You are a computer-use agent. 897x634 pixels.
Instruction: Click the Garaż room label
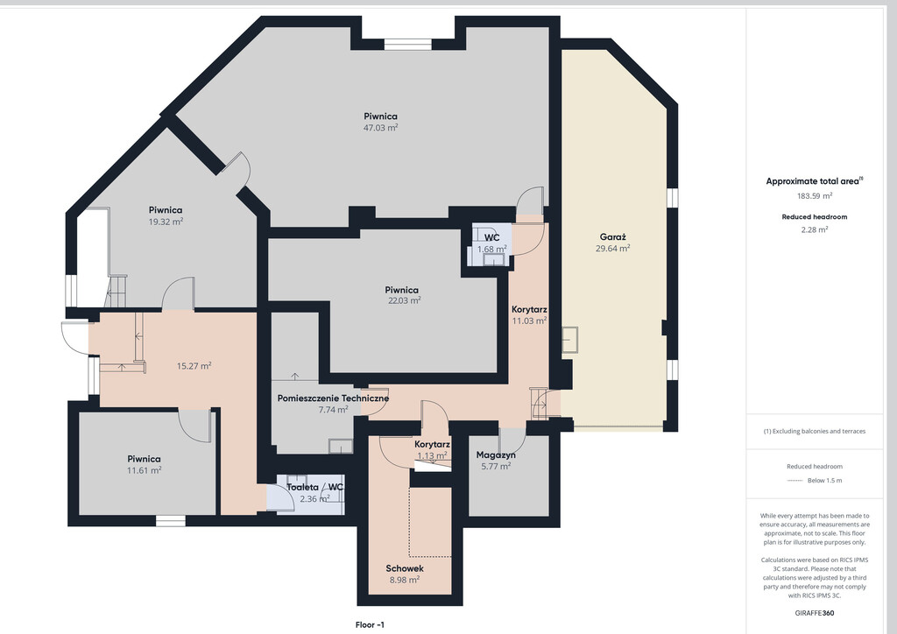pos(612,237)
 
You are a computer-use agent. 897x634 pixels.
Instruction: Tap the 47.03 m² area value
pos(380,128)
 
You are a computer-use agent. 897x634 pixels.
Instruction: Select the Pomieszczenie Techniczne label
pos(333,398)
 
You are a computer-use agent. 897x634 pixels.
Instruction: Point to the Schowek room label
pos(405,568)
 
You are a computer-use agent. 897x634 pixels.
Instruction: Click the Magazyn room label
pos(496,455)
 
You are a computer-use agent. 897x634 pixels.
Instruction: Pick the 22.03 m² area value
pos(405,300)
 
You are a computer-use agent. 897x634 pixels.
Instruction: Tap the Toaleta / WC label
pos(314,487)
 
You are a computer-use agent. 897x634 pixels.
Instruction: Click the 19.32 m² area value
pos(166,222)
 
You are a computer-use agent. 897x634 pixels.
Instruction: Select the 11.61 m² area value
pos(145,470)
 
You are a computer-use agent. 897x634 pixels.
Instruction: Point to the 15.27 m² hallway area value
pos(194,366)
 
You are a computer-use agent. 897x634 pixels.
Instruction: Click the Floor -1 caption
pos(370,625)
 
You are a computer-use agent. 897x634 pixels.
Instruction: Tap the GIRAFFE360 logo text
pos(815,613)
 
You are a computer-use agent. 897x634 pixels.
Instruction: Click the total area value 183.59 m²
pos(815,195)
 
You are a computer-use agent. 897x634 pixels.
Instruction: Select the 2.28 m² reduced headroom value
pos(815,229)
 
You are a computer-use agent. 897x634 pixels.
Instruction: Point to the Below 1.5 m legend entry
pos(824,480)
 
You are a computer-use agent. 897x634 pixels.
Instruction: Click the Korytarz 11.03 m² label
pos(529,315)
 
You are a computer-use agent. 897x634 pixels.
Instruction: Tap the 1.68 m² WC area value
pos(492,250)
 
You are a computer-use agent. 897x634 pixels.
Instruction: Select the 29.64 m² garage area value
pos(612,248)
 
